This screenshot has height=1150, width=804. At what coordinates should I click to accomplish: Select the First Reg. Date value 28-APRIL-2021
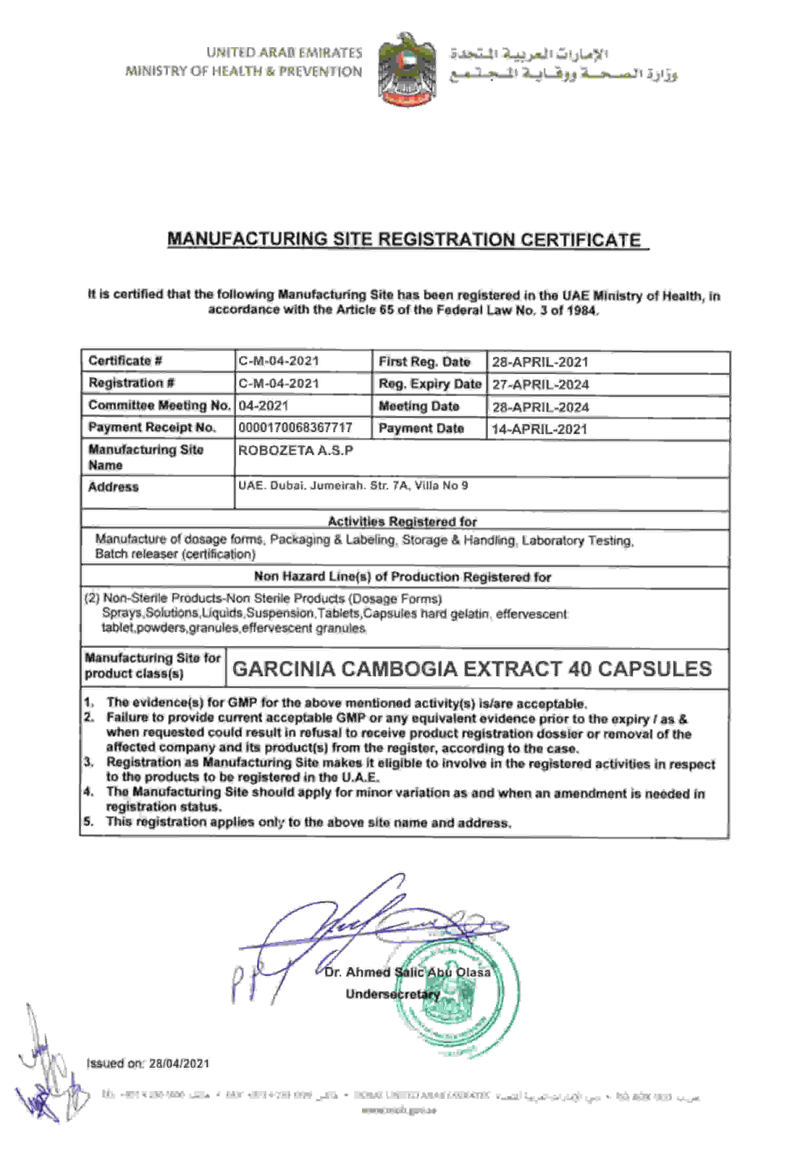(x=539, y=362)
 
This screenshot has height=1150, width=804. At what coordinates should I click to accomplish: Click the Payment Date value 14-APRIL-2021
(x=539, y=429)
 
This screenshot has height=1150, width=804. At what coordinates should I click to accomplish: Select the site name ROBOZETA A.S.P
(x=295, y=450)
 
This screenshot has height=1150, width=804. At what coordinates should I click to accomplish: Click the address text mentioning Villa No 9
(x=353, y=486)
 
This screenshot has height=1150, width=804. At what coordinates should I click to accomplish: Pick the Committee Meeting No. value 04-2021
(x=264, y=406)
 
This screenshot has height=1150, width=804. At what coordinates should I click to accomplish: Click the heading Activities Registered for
(x=402, y=522)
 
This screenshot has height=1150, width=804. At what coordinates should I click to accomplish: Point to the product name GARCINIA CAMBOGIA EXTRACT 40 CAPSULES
(x=472, y=669)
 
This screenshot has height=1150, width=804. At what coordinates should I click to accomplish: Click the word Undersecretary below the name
(x=392, y=994)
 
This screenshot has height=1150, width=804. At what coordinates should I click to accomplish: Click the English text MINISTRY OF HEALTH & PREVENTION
(x=243, y=71)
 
